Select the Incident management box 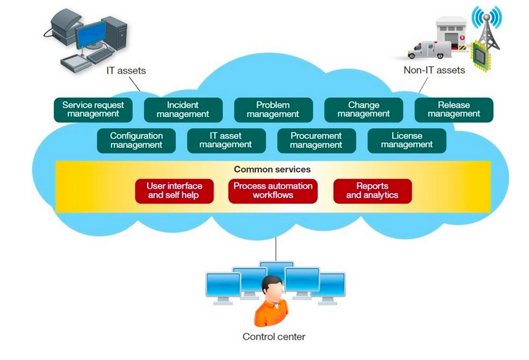(x=183, y=110)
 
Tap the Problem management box (x=273, y=110)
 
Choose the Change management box (x=363, y=110)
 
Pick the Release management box (x=454, y=110)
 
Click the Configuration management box (x=136, y=141)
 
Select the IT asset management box (x=226, y=141)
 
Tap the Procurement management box (x=316, y=141)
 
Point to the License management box (x=407, y=141)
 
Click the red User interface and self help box (x=174, y=191)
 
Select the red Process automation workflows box (x=273, y=191)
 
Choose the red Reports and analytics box (x=372, y=191)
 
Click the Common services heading (x=272, y=169)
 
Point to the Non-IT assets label (x=434, y=71)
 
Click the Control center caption (x=274, y=336)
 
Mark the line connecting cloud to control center (x=276, y=248)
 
